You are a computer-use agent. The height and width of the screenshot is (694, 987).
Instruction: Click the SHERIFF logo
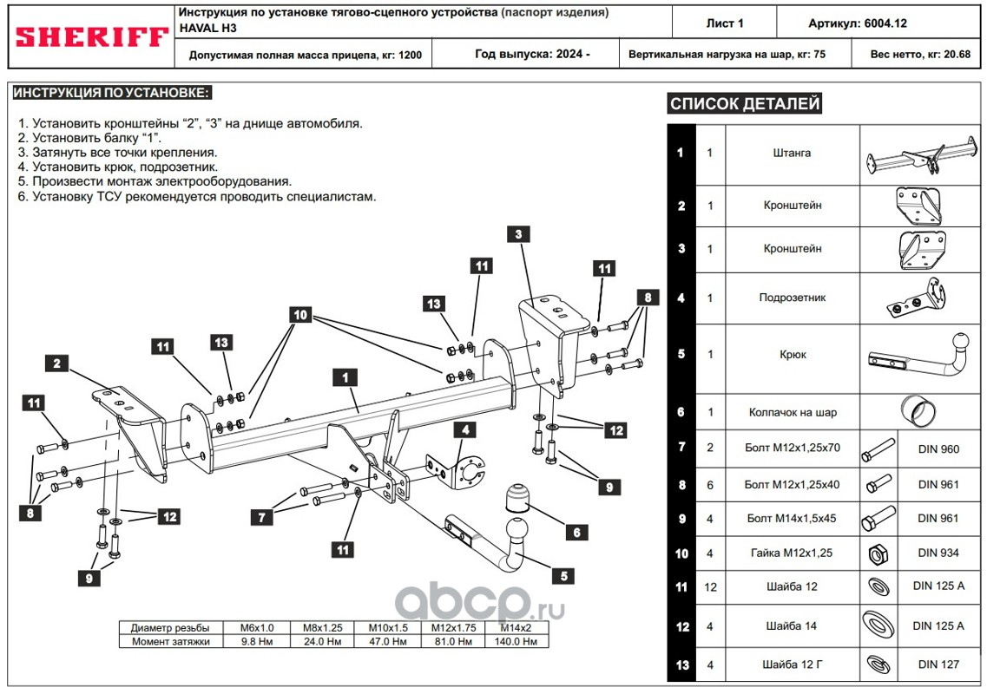[91, 37]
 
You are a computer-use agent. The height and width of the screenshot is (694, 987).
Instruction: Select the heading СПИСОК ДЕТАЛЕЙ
[745, 105]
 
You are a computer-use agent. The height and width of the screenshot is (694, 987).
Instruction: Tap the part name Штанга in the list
[792, 153]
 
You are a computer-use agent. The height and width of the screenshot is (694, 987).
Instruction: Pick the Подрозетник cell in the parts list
[792, 298]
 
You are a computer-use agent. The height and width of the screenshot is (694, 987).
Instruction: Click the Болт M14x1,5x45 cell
[792, 519]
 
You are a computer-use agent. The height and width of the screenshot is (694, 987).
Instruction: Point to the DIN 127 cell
[938, 665]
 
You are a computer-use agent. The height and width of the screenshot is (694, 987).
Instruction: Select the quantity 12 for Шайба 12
[710, 587]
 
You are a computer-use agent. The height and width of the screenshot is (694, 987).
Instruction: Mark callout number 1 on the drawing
[345, 377]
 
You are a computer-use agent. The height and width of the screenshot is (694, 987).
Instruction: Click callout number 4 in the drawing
[465, 429]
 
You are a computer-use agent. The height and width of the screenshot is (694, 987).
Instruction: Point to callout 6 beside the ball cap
[576, 533]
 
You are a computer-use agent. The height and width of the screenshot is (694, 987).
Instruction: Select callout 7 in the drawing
[260, 518]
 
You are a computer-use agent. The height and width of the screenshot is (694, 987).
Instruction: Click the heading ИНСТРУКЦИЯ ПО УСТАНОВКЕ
[112, 92]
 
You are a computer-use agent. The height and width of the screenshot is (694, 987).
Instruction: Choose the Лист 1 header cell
[726, 23]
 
